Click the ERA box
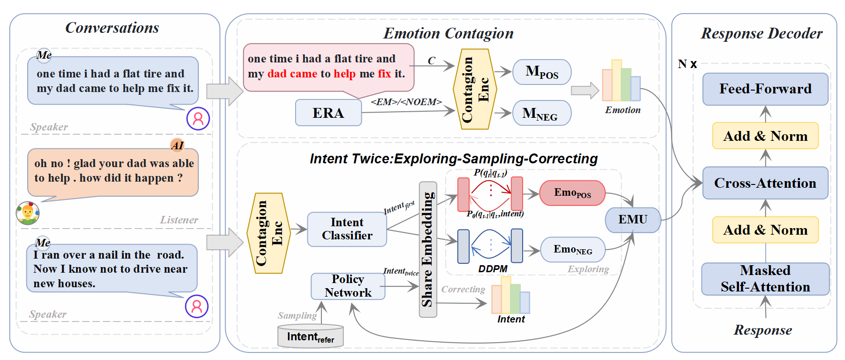(328, 113)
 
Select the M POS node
(542, 72)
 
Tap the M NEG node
(541, 113)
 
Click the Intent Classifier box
(347, 229)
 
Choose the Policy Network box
(348, 286)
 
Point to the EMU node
(632, 220)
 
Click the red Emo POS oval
(572, 193)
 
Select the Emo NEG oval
(572, 249)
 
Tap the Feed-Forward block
(765, 89)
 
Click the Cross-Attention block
(765, 183)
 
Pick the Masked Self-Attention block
(765, 279)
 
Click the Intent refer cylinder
(310, 337)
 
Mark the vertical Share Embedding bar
(427, 249)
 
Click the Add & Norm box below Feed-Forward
(765, 136)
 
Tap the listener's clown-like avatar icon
(28, 214)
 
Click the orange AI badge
(177, 145)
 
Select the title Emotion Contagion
(448, 33)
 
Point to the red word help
(344, 74)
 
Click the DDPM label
(493, 269)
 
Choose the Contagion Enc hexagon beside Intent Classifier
(269, 233)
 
